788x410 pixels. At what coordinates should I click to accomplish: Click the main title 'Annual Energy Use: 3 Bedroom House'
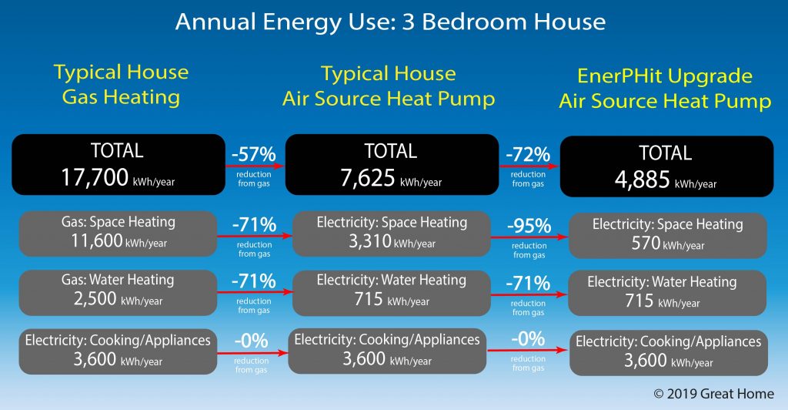390,21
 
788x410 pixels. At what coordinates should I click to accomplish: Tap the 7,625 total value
367,179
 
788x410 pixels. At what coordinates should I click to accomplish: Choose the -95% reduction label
528,226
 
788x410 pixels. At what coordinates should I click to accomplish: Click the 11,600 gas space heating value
91,240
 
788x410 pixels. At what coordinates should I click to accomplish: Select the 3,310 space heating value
365,241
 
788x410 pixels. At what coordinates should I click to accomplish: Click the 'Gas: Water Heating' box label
118,280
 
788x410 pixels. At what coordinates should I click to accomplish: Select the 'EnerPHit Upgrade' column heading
665,76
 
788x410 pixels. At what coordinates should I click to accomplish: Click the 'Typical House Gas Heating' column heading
120,85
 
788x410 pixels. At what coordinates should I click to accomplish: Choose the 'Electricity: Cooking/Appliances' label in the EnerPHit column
668,341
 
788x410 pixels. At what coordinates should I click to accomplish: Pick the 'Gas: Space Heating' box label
118,222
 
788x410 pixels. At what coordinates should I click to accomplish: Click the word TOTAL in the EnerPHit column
666,153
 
